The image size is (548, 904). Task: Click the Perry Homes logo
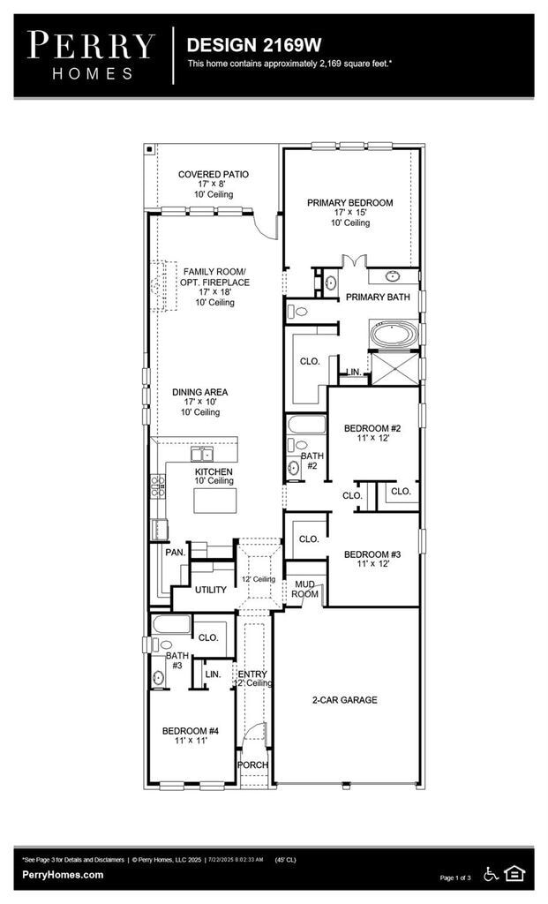point(90,55)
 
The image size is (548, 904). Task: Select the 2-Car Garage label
point(344,700)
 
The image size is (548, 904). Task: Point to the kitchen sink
point(203,455)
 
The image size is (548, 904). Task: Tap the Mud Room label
point(305,589)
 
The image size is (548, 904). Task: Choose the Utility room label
point(211,590)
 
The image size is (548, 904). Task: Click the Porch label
point(254,765)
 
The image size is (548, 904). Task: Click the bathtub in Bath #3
point(169,627)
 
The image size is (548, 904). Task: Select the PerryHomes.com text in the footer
point(63,875)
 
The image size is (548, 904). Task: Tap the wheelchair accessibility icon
point(491,874)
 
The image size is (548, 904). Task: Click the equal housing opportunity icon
point(514,874)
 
